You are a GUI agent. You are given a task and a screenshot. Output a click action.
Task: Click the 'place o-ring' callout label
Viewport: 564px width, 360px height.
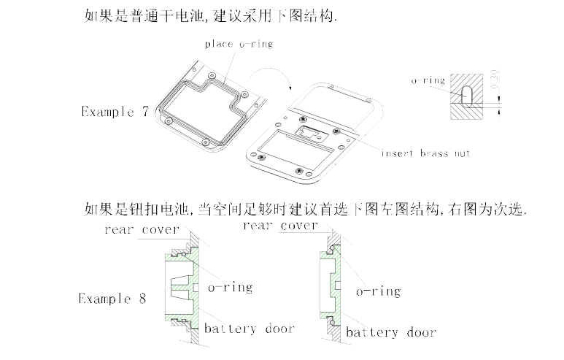point(238,44)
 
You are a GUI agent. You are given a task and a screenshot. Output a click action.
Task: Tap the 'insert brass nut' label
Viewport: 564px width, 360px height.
point(425,153)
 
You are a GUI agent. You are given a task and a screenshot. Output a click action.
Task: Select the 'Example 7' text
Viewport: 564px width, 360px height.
point(115,112)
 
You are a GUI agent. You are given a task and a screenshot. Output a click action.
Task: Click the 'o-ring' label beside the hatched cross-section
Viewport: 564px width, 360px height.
point(428,81)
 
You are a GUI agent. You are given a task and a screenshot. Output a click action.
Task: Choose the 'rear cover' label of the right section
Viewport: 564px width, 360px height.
point(280,226)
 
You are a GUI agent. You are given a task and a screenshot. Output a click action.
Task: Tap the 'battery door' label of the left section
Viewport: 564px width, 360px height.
point(249,329)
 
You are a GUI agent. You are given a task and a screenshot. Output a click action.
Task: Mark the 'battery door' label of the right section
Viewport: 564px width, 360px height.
point(391,333)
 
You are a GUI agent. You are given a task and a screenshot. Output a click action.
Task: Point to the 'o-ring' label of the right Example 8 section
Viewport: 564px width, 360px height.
point(378,291)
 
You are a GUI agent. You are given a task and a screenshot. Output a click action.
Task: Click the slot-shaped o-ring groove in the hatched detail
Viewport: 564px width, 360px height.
point(468,95)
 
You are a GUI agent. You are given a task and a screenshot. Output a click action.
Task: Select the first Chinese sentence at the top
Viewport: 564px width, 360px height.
point(212,16)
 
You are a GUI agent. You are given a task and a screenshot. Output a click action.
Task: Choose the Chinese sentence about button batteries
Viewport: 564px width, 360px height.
point(306,210)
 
